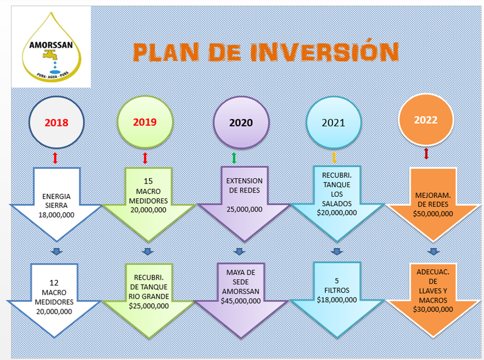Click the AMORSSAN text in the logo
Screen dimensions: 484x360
(x=51, y=45)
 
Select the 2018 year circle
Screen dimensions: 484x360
(x=56, y=122)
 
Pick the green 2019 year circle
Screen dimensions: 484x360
(x=145, y=121)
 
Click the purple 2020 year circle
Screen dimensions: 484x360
(x=241, y=122)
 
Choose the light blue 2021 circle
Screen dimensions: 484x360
(x=333, y=122)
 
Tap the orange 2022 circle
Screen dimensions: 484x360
(x=426, y=120)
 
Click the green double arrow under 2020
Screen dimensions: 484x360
(x=234, y=158)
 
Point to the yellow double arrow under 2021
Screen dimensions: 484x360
(x=334, y=157)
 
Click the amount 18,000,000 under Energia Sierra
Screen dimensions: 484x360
(x=56, y=215)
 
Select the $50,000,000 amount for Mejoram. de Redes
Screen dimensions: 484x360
(x=433, y=214)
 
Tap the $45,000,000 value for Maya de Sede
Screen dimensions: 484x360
(x=241, y=301)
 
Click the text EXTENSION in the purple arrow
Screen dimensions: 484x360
(x=244, y=181)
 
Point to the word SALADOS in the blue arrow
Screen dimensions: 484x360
(x=337, y=204)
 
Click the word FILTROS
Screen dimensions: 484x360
(x=337, y=290)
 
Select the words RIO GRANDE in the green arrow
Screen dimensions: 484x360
(x=149, y=296)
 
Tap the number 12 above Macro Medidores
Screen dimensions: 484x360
(x=54, y=283)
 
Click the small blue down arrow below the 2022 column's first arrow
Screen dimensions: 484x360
(x=433, y=251)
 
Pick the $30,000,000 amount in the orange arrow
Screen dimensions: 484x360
(x=433, y=309)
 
